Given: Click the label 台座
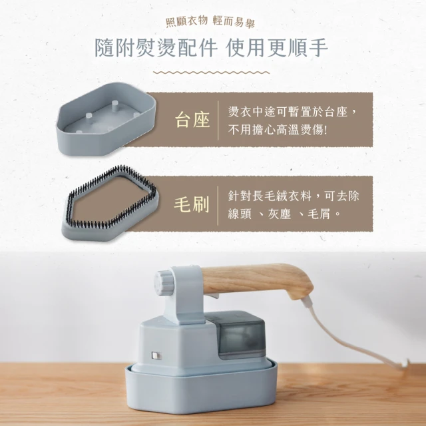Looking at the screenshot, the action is tap(192, 120).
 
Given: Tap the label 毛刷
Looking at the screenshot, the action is tap(192, 204).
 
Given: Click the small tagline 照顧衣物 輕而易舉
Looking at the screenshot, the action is tap(210, 21).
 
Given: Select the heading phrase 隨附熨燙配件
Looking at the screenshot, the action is tap(156, 48).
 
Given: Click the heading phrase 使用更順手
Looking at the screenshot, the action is tap(277, 48).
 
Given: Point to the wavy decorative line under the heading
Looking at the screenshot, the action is tap(211, 73).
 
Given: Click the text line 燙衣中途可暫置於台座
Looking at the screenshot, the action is tap(288, 111).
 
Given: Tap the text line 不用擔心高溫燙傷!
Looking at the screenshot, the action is tap(278, 130).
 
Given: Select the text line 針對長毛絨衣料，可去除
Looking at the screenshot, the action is tap(294, 196).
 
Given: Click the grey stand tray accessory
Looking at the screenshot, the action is tap(105, 118).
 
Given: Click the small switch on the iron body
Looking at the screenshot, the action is tap(156, 355).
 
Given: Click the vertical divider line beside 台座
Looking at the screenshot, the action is tap(218, 120).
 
